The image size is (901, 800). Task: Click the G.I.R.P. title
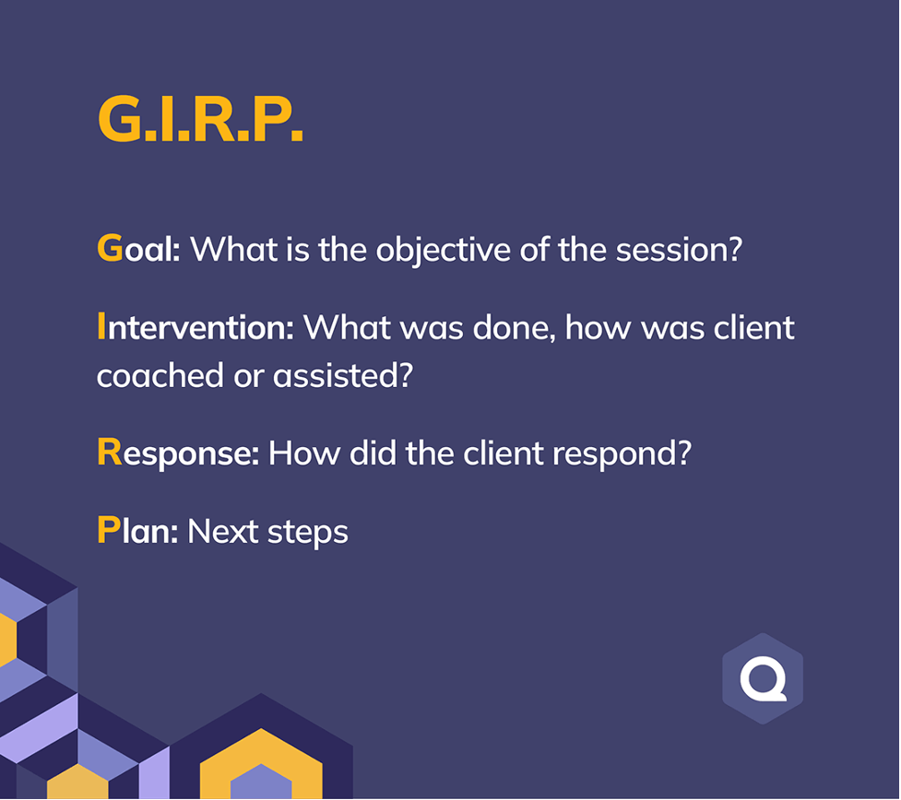(x=200, y=120)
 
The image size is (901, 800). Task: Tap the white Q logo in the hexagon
(x=763, y=679)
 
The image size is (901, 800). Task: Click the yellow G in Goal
(x=109, y=249)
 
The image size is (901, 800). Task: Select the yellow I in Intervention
(x=101, y=327)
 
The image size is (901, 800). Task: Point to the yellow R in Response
(x=109, y=453)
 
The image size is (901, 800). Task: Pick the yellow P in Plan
(x=108, y=531)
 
